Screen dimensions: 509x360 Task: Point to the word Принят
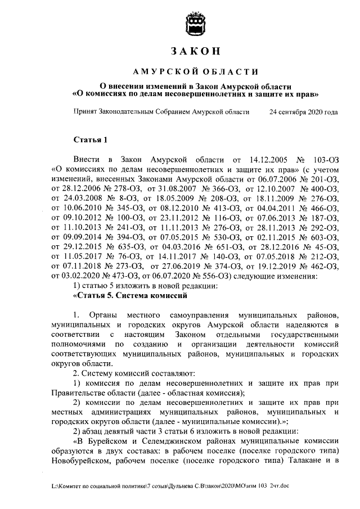[85, 112]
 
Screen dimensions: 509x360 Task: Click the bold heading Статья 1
[90, 139]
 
